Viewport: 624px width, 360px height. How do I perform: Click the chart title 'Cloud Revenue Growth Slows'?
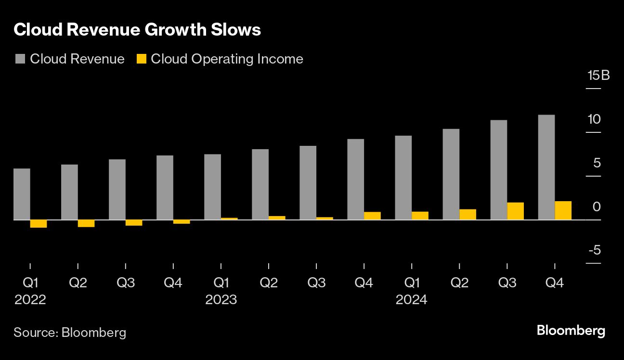[137, 30]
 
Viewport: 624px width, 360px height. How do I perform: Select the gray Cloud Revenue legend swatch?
[20, 59]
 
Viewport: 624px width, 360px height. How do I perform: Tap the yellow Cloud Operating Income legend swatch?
[141, 59]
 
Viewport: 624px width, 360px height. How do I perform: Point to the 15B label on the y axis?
[598, 76]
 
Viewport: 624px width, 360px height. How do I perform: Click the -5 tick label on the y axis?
[594, 250]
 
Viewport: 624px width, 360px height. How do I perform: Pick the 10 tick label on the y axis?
[594, 119]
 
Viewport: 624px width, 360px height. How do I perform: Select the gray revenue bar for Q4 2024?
[546, 167]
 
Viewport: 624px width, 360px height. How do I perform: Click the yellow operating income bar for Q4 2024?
[563, 210]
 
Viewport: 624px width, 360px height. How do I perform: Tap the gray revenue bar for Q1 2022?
[22, 194]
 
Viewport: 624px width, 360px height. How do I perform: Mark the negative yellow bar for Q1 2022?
[39, 224]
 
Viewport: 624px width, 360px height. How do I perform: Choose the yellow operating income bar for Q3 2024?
[515, 211]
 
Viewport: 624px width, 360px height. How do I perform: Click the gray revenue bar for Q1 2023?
[212, 187]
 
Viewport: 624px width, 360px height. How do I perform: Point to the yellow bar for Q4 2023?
[372, 216]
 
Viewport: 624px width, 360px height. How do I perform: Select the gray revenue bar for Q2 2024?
[451, 174]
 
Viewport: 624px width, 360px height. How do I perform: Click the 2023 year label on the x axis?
[221, 300]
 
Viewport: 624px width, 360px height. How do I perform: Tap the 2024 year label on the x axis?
[412, 300]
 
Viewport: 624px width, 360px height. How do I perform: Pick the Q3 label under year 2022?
[126, 283]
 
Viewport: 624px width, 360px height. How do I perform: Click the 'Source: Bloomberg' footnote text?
[70, 332]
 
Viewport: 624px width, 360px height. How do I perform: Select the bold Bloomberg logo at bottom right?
[571, 331]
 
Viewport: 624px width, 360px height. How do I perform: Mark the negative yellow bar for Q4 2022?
[182, 222]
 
